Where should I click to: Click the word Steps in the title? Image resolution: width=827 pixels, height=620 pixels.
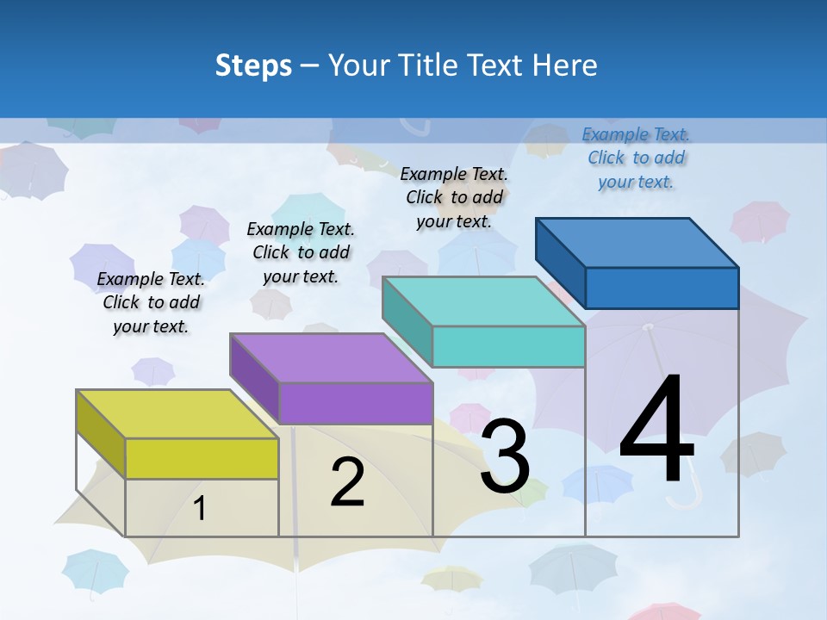pyautogui.click(x=253, y=65)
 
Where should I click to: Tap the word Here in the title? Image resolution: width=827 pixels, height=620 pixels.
pyautogui.click(x=565, y=65)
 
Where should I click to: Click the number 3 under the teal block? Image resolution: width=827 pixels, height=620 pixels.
pyautogui.click(x=505, y=456)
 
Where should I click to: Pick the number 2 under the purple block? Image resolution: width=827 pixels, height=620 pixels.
pyautogui.click(x=347, y=483)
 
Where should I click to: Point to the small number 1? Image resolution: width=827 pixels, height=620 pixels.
pyautogui.click(x=199, y=509)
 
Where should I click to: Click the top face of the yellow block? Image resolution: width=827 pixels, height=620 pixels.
pyautogui.click(x=177, y=414)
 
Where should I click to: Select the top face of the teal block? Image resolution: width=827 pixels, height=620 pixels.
pyautogui.click(x=483, y=301)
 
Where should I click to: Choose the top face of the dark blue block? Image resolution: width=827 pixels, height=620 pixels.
pyautogui.click(x=637, y=242)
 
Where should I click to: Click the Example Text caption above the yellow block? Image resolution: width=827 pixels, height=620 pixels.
pyautogui.click(x=151, y=302)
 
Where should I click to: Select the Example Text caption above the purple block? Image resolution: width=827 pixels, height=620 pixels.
pyautogui.click(x=301, y=252)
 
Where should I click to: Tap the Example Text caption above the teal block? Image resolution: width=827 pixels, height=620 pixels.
pyautogui.click(x=454, y=197)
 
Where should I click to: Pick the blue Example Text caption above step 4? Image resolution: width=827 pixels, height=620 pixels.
pyautogui.click(x=636, y=158)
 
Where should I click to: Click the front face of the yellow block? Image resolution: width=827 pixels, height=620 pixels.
pyautogui.click(x=202, y=458)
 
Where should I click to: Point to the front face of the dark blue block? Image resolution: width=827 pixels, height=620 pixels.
pyautogui.click(x=662, y=288)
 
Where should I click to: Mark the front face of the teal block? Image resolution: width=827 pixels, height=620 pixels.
pyautogui.click(x=508, y=346)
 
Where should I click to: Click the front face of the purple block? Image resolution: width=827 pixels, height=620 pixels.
pyautogui.click(x=355, y=403)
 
